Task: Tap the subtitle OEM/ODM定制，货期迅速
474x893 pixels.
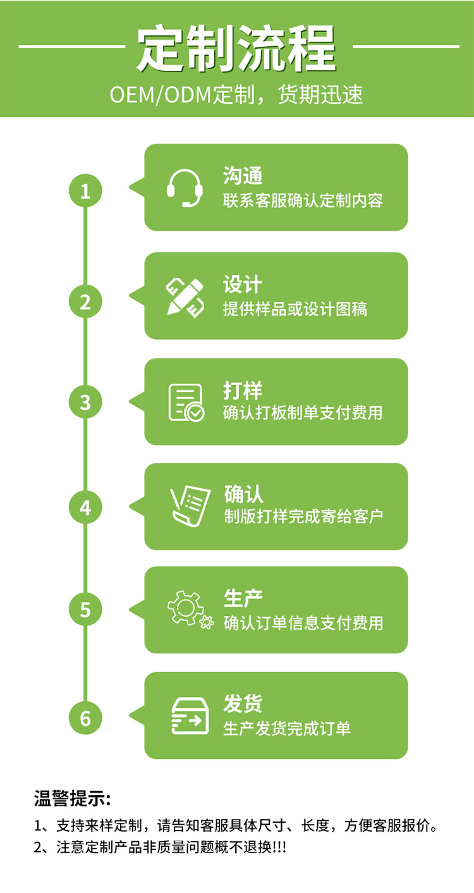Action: (236, 95)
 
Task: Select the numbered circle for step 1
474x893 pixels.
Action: (85, 190)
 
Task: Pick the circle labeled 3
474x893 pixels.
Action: (85, 402)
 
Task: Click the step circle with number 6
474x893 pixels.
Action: (85, 718)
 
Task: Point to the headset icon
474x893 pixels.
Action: (185, 188)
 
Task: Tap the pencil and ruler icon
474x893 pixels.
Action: (185, 297)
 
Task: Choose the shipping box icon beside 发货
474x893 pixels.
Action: (190, 715)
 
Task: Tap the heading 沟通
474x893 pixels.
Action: (243, 176)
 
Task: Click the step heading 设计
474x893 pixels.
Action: (243, 285)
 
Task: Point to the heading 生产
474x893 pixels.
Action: (243, 598)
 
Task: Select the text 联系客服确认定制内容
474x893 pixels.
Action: (303, 201)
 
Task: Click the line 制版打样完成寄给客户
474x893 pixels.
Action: (303, 516)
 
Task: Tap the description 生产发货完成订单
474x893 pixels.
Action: (287, 729)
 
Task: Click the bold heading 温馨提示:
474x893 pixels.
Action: (73, 798)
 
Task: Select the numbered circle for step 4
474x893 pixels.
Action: (85, 507)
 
